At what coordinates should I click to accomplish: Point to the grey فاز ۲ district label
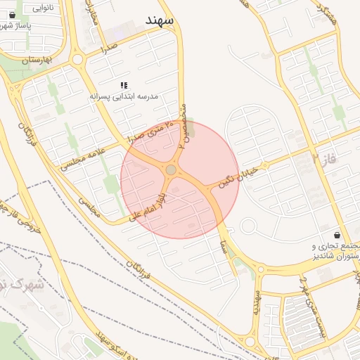(x=325, y=161)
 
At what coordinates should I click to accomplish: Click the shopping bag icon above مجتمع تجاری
(x=338, y=236)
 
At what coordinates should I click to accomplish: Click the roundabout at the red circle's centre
(x=171, y=169)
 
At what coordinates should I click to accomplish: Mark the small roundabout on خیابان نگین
(x=247, y=226)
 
